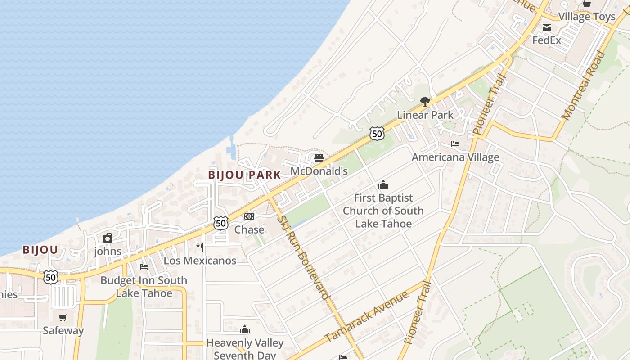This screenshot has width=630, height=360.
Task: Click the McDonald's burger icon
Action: pyautogui.click(x=319, y=158)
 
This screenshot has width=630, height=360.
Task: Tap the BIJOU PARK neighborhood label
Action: pyautogui.click(x=244, y=175)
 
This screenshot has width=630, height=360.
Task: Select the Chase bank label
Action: pyautogui.click(x=249, y=229)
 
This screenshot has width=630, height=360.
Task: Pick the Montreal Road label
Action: pyautogui.click(x=583, y=85)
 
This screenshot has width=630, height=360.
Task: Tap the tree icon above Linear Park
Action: pyautogui.click(x=425, y=101)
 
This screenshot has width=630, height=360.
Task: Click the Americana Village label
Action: pyautogui.click(x=455, y=157)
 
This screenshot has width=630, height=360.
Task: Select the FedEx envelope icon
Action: pyautogui.click(x=547, y=27)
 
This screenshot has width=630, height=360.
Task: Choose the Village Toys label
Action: pyautogui.click(x=586, y=17)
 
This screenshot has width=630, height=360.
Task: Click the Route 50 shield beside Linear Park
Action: pyautogui.click(x=377, y=133)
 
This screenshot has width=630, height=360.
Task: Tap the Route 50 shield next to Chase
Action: pyautogui.click(x=220, y=223)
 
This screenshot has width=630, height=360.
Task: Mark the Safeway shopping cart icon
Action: pyautogui.click(x=63, y=317)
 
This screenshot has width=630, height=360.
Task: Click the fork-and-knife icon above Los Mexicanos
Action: pyautogui.click(x=200, y=247)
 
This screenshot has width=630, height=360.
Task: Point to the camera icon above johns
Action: pyautogui.click(x=108, y=238)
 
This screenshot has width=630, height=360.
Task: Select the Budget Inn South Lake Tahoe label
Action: pyautogui.click(x=144, y=287)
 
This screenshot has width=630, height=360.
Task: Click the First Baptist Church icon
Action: pyautogui.click(x=383, y=184)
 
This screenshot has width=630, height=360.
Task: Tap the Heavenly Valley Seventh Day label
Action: pyautogui.click(x=245, y=349)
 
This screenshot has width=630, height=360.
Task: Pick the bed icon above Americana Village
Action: pyautogui.click(x=455, y=144)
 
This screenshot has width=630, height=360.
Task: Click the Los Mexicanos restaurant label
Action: pyautogui.click(x=200, y=261)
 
